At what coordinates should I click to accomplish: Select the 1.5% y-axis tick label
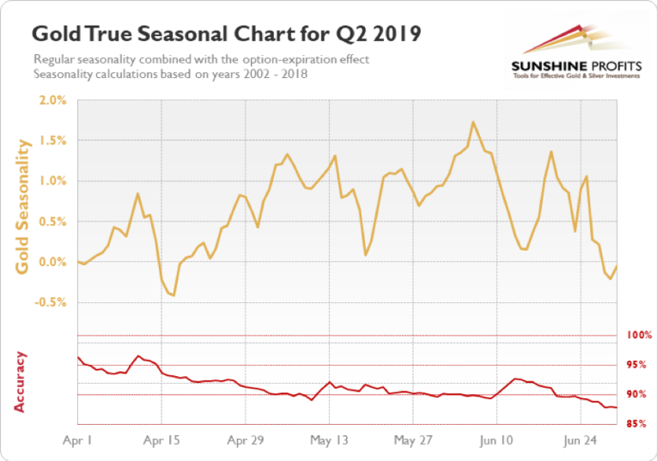pyautogui.click(x=52, y=140)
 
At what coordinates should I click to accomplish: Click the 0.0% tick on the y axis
pyautogui.click(x=52, y=262)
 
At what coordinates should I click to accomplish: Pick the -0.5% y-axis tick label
pyautogui.click(x=51, y=302)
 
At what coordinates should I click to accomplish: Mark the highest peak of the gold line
pyautogui.click(x=473, y=122)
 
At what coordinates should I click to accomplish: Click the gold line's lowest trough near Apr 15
pyautogui.click(x=173, y=295)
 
